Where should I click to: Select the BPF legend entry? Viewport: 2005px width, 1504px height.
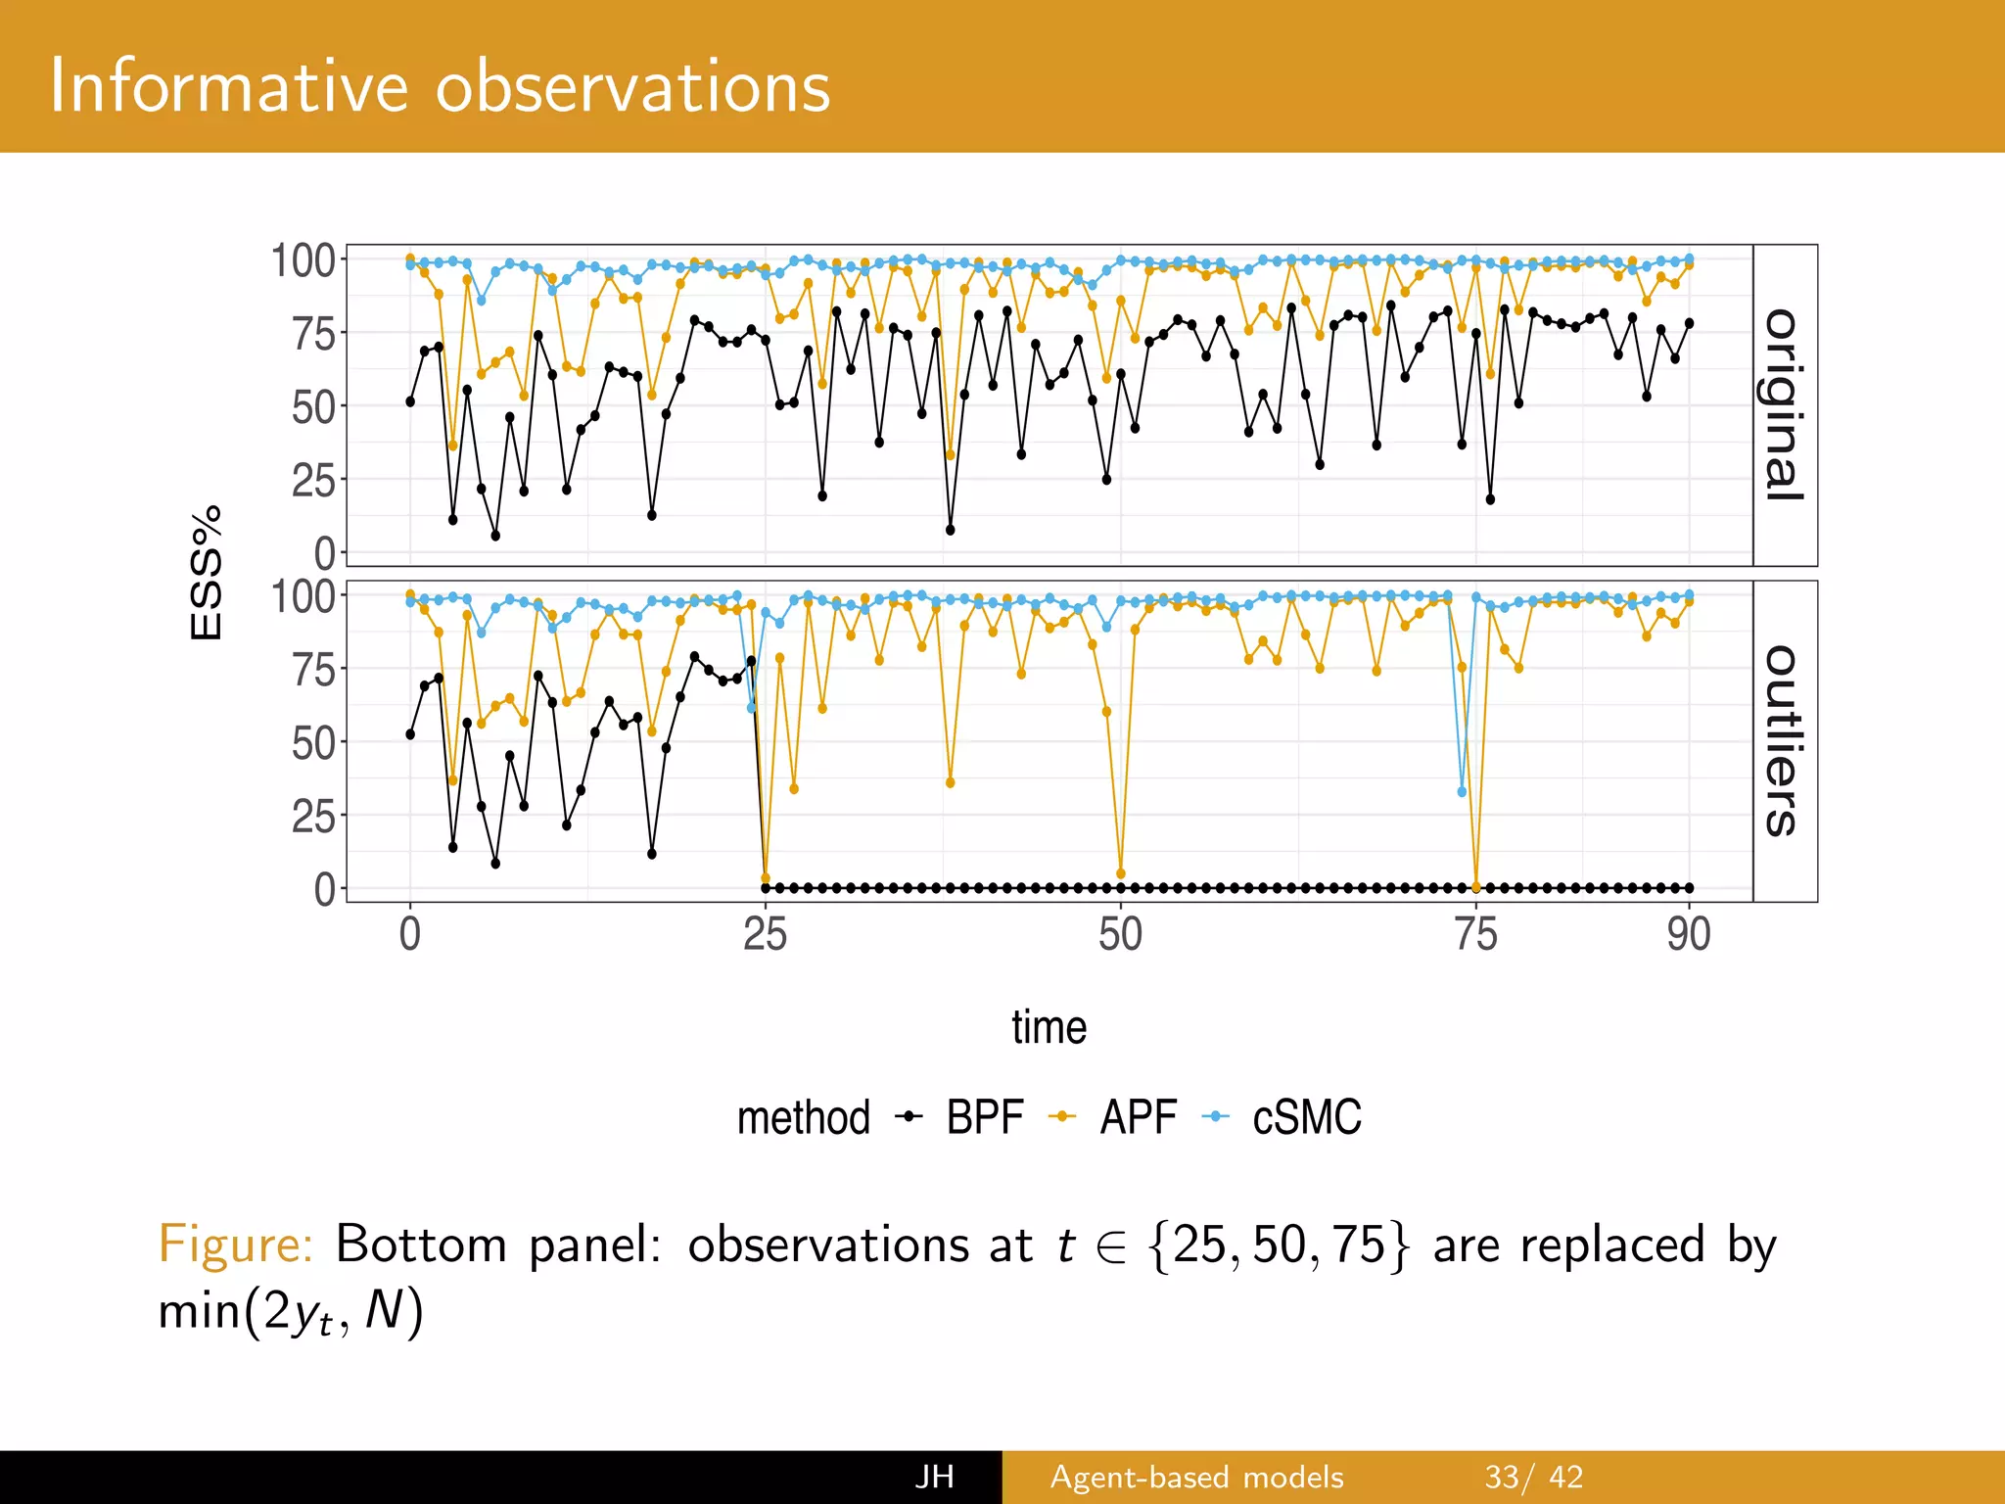983,1117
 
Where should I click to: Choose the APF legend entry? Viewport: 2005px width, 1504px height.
1137,1117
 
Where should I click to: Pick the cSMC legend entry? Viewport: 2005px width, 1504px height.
1306,1117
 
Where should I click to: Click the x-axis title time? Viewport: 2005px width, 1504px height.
1049,1027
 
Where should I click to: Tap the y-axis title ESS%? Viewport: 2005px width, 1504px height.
207,574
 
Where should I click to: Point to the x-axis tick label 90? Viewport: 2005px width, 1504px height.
1689,934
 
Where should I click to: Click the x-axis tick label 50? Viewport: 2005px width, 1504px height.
1120,934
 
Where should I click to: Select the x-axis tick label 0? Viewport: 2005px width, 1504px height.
410,934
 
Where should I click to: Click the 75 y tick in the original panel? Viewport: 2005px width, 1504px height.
313,334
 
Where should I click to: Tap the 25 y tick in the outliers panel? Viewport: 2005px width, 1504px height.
313,816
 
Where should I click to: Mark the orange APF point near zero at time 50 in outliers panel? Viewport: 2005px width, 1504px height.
1121,873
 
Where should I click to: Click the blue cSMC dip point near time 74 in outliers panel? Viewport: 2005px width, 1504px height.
1462,792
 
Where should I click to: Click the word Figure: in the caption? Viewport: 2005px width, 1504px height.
235,1245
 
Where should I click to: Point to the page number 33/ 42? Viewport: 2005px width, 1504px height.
1533,1477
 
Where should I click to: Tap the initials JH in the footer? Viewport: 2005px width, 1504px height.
934,1477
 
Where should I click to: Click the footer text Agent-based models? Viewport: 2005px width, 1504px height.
1196,1477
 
